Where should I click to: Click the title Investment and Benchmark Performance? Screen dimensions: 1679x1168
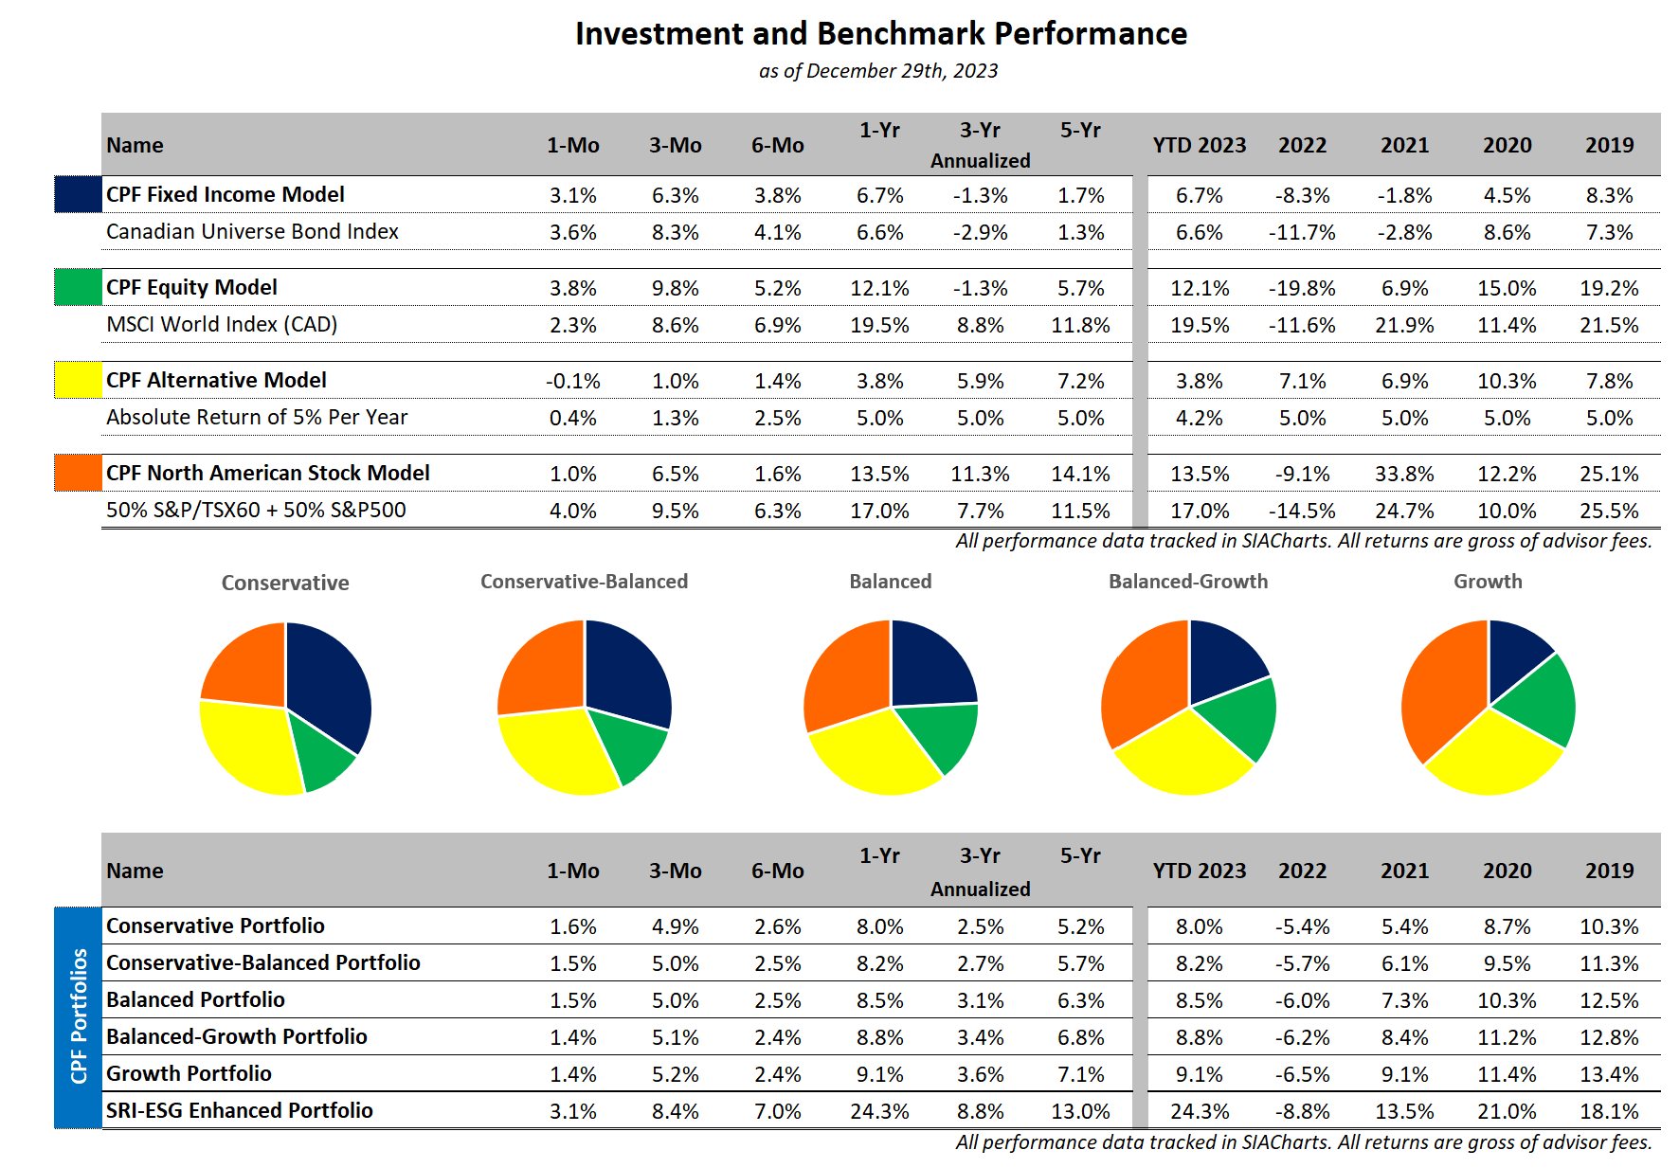point(881,34)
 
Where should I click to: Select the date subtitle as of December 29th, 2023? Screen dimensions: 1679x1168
point(878,71)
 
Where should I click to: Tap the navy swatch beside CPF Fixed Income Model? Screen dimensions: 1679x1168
point(78,194)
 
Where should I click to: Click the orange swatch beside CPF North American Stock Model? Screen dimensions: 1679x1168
point(78,473)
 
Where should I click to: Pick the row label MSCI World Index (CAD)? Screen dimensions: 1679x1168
point(222,325)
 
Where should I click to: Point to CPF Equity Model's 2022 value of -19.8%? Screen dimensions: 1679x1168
point(1302,288)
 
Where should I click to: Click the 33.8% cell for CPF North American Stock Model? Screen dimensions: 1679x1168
point(1404,474)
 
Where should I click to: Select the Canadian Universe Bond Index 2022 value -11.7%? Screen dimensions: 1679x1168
point(1302,232)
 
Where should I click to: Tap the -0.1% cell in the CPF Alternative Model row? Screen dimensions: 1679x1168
point(572,381)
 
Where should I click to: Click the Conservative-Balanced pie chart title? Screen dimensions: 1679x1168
point(584,582)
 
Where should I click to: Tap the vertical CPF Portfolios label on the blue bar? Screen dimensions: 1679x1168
point(79,1015)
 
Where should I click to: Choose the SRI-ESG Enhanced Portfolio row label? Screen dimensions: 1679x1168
point(240,1110)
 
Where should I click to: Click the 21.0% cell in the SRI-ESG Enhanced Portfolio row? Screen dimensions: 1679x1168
point(1507,1111)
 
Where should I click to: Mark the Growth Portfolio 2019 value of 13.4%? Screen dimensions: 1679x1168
point(1609,1074)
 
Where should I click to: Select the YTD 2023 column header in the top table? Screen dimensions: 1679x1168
point(1199,145)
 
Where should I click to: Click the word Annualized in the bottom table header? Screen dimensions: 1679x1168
point(980,889)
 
